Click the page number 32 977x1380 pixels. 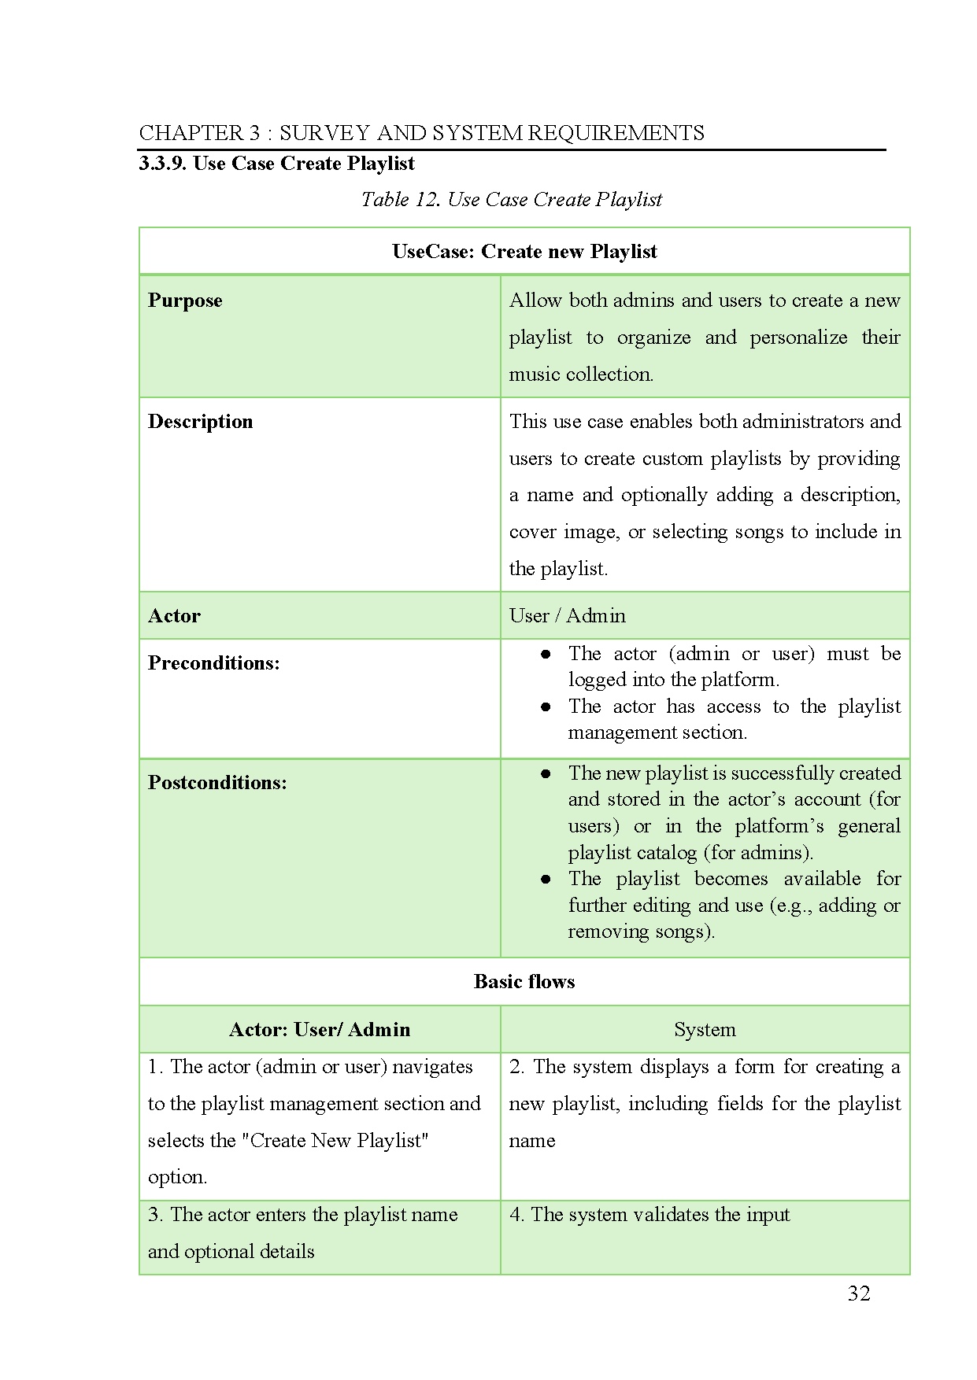tap(859, 1293)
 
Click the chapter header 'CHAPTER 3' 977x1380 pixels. tap(199, 132)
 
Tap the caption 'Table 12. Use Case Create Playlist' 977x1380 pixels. tap(511, 200)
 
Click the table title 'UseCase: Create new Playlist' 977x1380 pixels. tap(524, 252)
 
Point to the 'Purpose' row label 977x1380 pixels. tap(185, 301)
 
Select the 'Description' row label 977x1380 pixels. tap(200, 422)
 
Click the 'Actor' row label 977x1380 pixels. tap(174, 616)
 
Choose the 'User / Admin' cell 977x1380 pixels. tap(567, 616)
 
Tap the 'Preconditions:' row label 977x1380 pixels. tap(213, 663)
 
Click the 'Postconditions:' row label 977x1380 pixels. tap(217, 783)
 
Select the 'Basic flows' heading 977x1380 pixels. tap(524, 982)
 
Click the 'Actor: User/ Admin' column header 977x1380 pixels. tap(319, 1030)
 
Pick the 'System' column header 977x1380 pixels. tap(705, 1030)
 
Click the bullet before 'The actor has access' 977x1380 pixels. tap(546, 707)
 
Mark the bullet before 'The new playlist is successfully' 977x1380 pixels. tap(546, 774)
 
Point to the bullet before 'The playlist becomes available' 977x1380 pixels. tap(546, 880)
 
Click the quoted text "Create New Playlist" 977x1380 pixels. tap(339, 1141)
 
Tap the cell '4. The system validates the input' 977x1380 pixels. tap(649, 1215)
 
